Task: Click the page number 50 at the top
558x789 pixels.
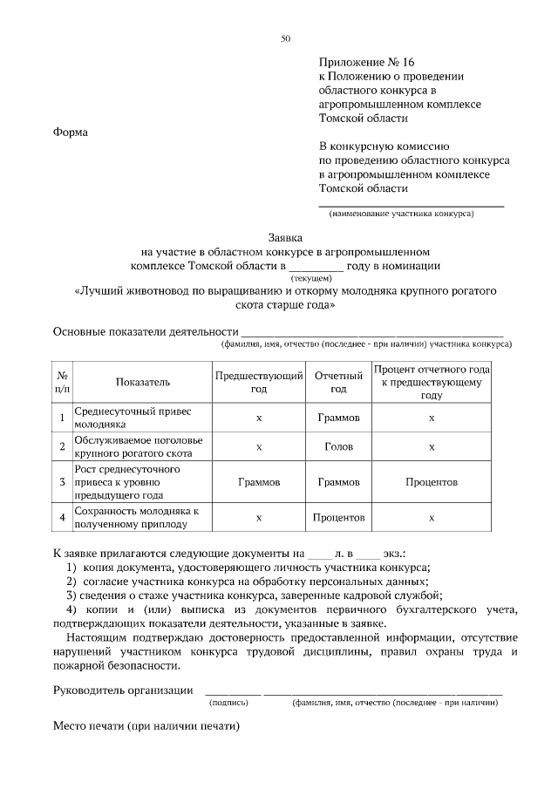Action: click(285, 38)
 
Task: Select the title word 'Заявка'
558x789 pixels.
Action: click(284, 236)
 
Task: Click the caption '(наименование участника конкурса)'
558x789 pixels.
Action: click(401, 214)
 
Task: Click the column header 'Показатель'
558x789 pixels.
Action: click(142, 382)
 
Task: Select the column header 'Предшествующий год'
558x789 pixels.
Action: click(259, 382)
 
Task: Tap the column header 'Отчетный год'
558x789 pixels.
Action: click(338, 382)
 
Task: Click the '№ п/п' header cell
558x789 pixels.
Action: click(63, 382)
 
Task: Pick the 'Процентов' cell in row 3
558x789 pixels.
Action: click(432, 481)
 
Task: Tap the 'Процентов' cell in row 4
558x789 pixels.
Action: click(338, 517)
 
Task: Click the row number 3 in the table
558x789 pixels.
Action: click(63, 481)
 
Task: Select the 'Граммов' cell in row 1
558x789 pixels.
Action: click(338, 418)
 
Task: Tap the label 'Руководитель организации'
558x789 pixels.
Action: click(123, 690)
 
